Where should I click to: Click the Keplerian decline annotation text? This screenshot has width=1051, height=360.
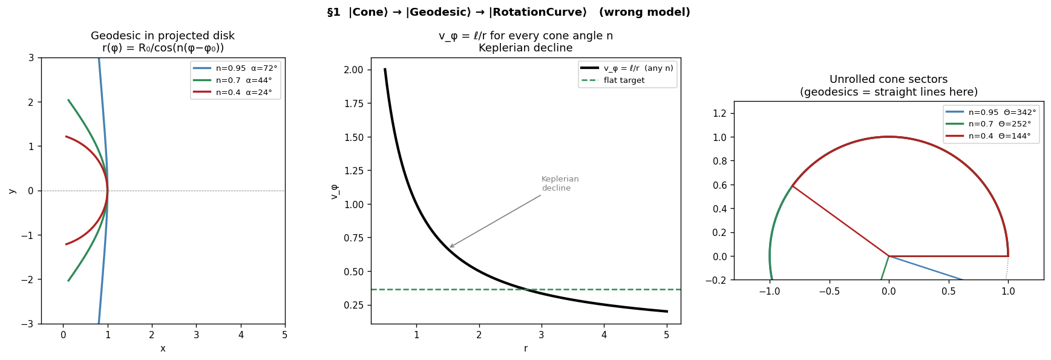(x=560, y=184)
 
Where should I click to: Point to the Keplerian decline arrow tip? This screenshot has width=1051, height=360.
(x=450, y=247)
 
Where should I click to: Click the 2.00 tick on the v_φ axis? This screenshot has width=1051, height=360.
(x=353, y=70)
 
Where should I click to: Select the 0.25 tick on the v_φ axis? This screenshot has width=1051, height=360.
(x=353, y=305)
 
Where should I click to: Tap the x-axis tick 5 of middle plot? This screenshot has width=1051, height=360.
(x=666, y=335)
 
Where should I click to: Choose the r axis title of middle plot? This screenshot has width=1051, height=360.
(x=525, y=349)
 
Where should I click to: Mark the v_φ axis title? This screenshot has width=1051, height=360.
(x=334, y=192)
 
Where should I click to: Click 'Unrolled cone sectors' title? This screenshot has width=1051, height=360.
(x=888, y=79)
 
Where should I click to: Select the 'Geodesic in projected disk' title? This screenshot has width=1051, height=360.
(x=163, y=36)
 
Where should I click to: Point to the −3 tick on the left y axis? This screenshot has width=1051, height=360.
(x=30, y=324)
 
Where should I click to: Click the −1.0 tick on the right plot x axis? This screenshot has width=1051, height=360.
(x=770, y=292)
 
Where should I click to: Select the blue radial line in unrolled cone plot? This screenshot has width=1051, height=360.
(x=926, y=268)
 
